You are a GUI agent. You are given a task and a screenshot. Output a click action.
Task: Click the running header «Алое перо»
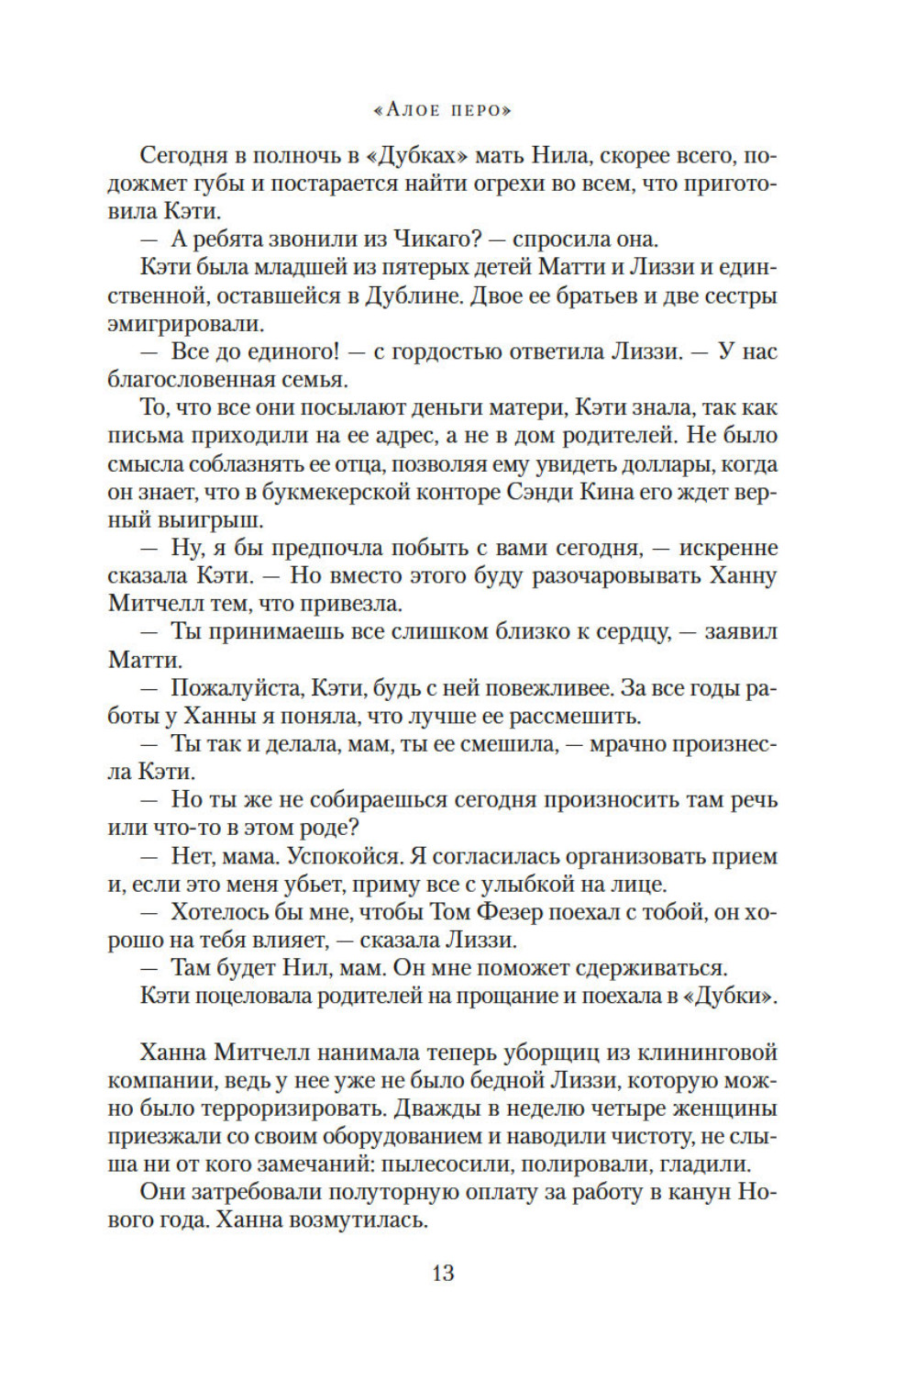pos(443,110)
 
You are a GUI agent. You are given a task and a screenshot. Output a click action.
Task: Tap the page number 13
pos(443,1273)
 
